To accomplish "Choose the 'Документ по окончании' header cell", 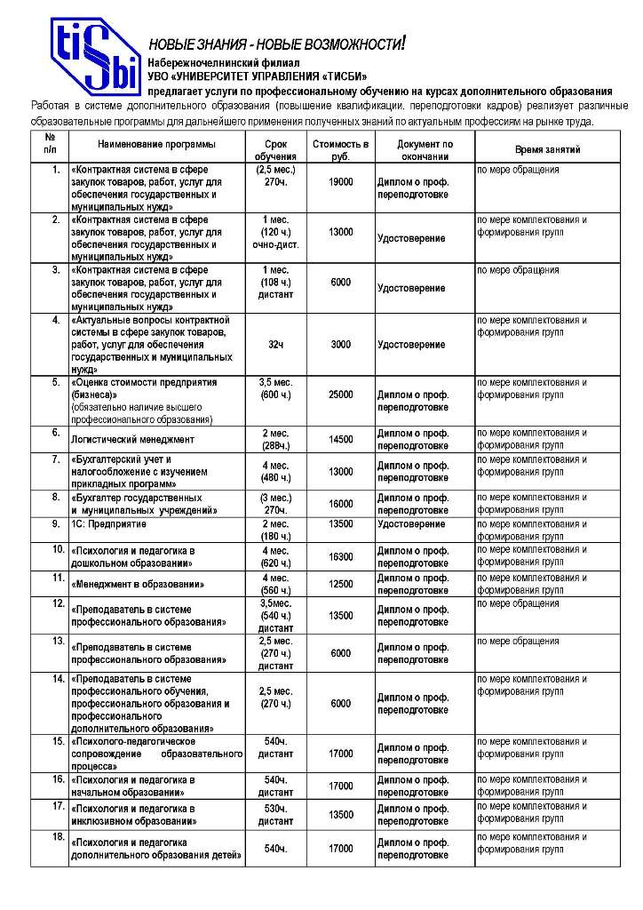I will click(425, 149).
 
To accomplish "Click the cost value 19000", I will click(340, 181).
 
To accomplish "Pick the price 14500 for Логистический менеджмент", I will click(340, 439).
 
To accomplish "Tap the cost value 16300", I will click(340, 556).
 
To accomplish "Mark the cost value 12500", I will click(340, 583).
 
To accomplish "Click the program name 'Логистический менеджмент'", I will click(133, 439).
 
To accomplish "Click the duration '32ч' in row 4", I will click(275, 344).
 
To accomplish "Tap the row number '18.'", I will click(56, 838).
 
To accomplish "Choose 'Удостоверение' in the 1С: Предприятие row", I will click(411, 524).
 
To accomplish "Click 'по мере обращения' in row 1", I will click(518, 169).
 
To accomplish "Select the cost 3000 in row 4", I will click(340, 344).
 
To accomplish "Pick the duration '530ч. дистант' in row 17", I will click(275, 815).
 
